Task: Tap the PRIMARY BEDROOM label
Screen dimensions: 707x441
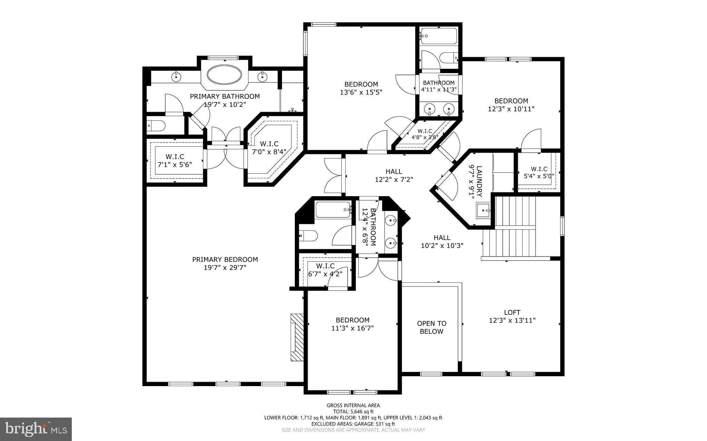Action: tap(225, 260)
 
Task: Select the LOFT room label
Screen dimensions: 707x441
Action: tap(512, 312)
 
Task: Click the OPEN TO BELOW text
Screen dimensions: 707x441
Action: tap(432, 328)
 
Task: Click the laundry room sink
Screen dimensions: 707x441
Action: tap(484, 210)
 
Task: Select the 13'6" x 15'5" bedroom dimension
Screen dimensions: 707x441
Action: tap(361, 92)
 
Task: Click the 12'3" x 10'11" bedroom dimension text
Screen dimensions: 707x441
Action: tap(511, 109)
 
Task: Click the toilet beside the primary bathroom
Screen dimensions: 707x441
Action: tap(156, 126)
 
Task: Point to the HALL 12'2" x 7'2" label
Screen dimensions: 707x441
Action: tap(394, 176)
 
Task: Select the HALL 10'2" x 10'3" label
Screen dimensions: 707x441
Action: tap(442, 241)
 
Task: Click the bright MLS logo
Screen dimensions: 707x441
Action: tap(36, 429)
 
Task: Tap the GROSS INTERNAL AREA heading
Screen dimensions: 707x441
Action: tap(353, 405)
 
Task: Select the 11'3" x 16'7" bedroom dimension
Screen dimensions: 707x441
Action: tap(352, 328)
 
